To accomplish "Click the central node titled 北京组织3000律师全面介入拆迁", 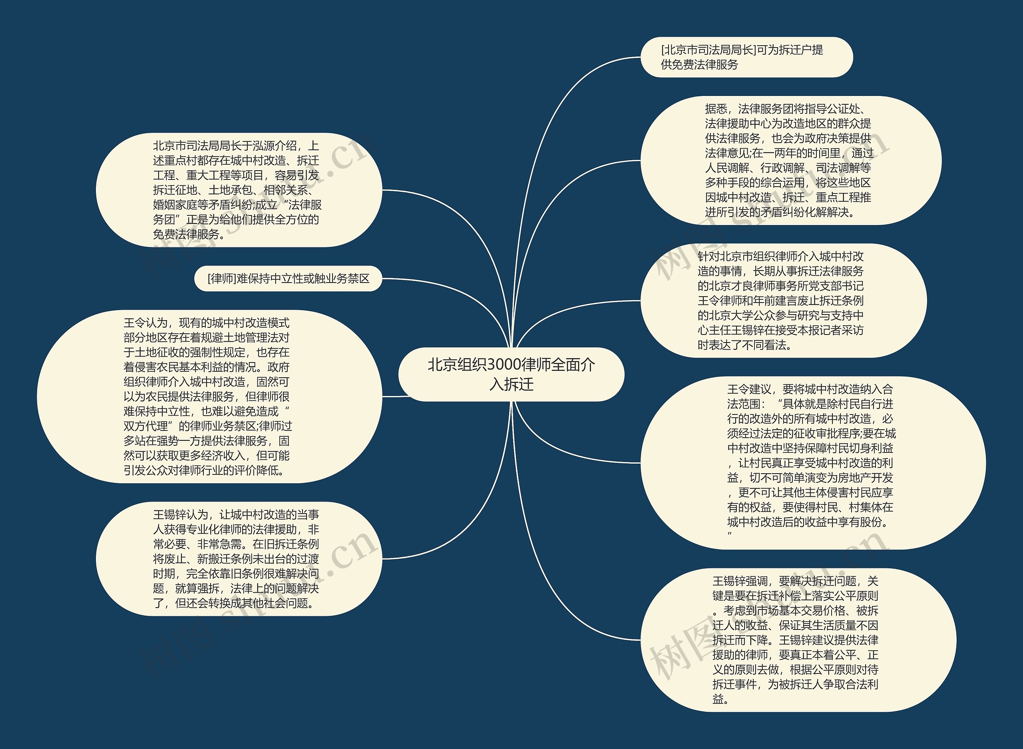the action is coord(511,374).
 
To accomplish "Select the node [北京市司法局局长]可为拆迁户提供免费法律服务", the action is coord(746,57).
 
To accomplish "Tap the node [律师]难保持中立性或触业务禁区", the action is coord(288,279).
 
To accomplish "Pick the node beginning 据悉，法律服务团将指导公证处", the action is coord(790,161).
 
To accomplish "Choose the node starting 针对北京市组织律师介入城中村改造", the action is coord(783,301).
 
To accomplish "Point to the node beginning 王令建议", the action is coord(812,462).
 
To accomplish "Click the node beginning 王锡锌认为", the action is coord(239,559).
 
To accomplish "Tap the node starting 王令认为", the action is coord(209,396).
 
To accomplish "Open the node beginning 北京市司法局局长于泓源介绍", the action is coord(239,190).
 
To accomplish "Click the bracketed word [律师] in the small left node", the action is coord(222,279).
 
